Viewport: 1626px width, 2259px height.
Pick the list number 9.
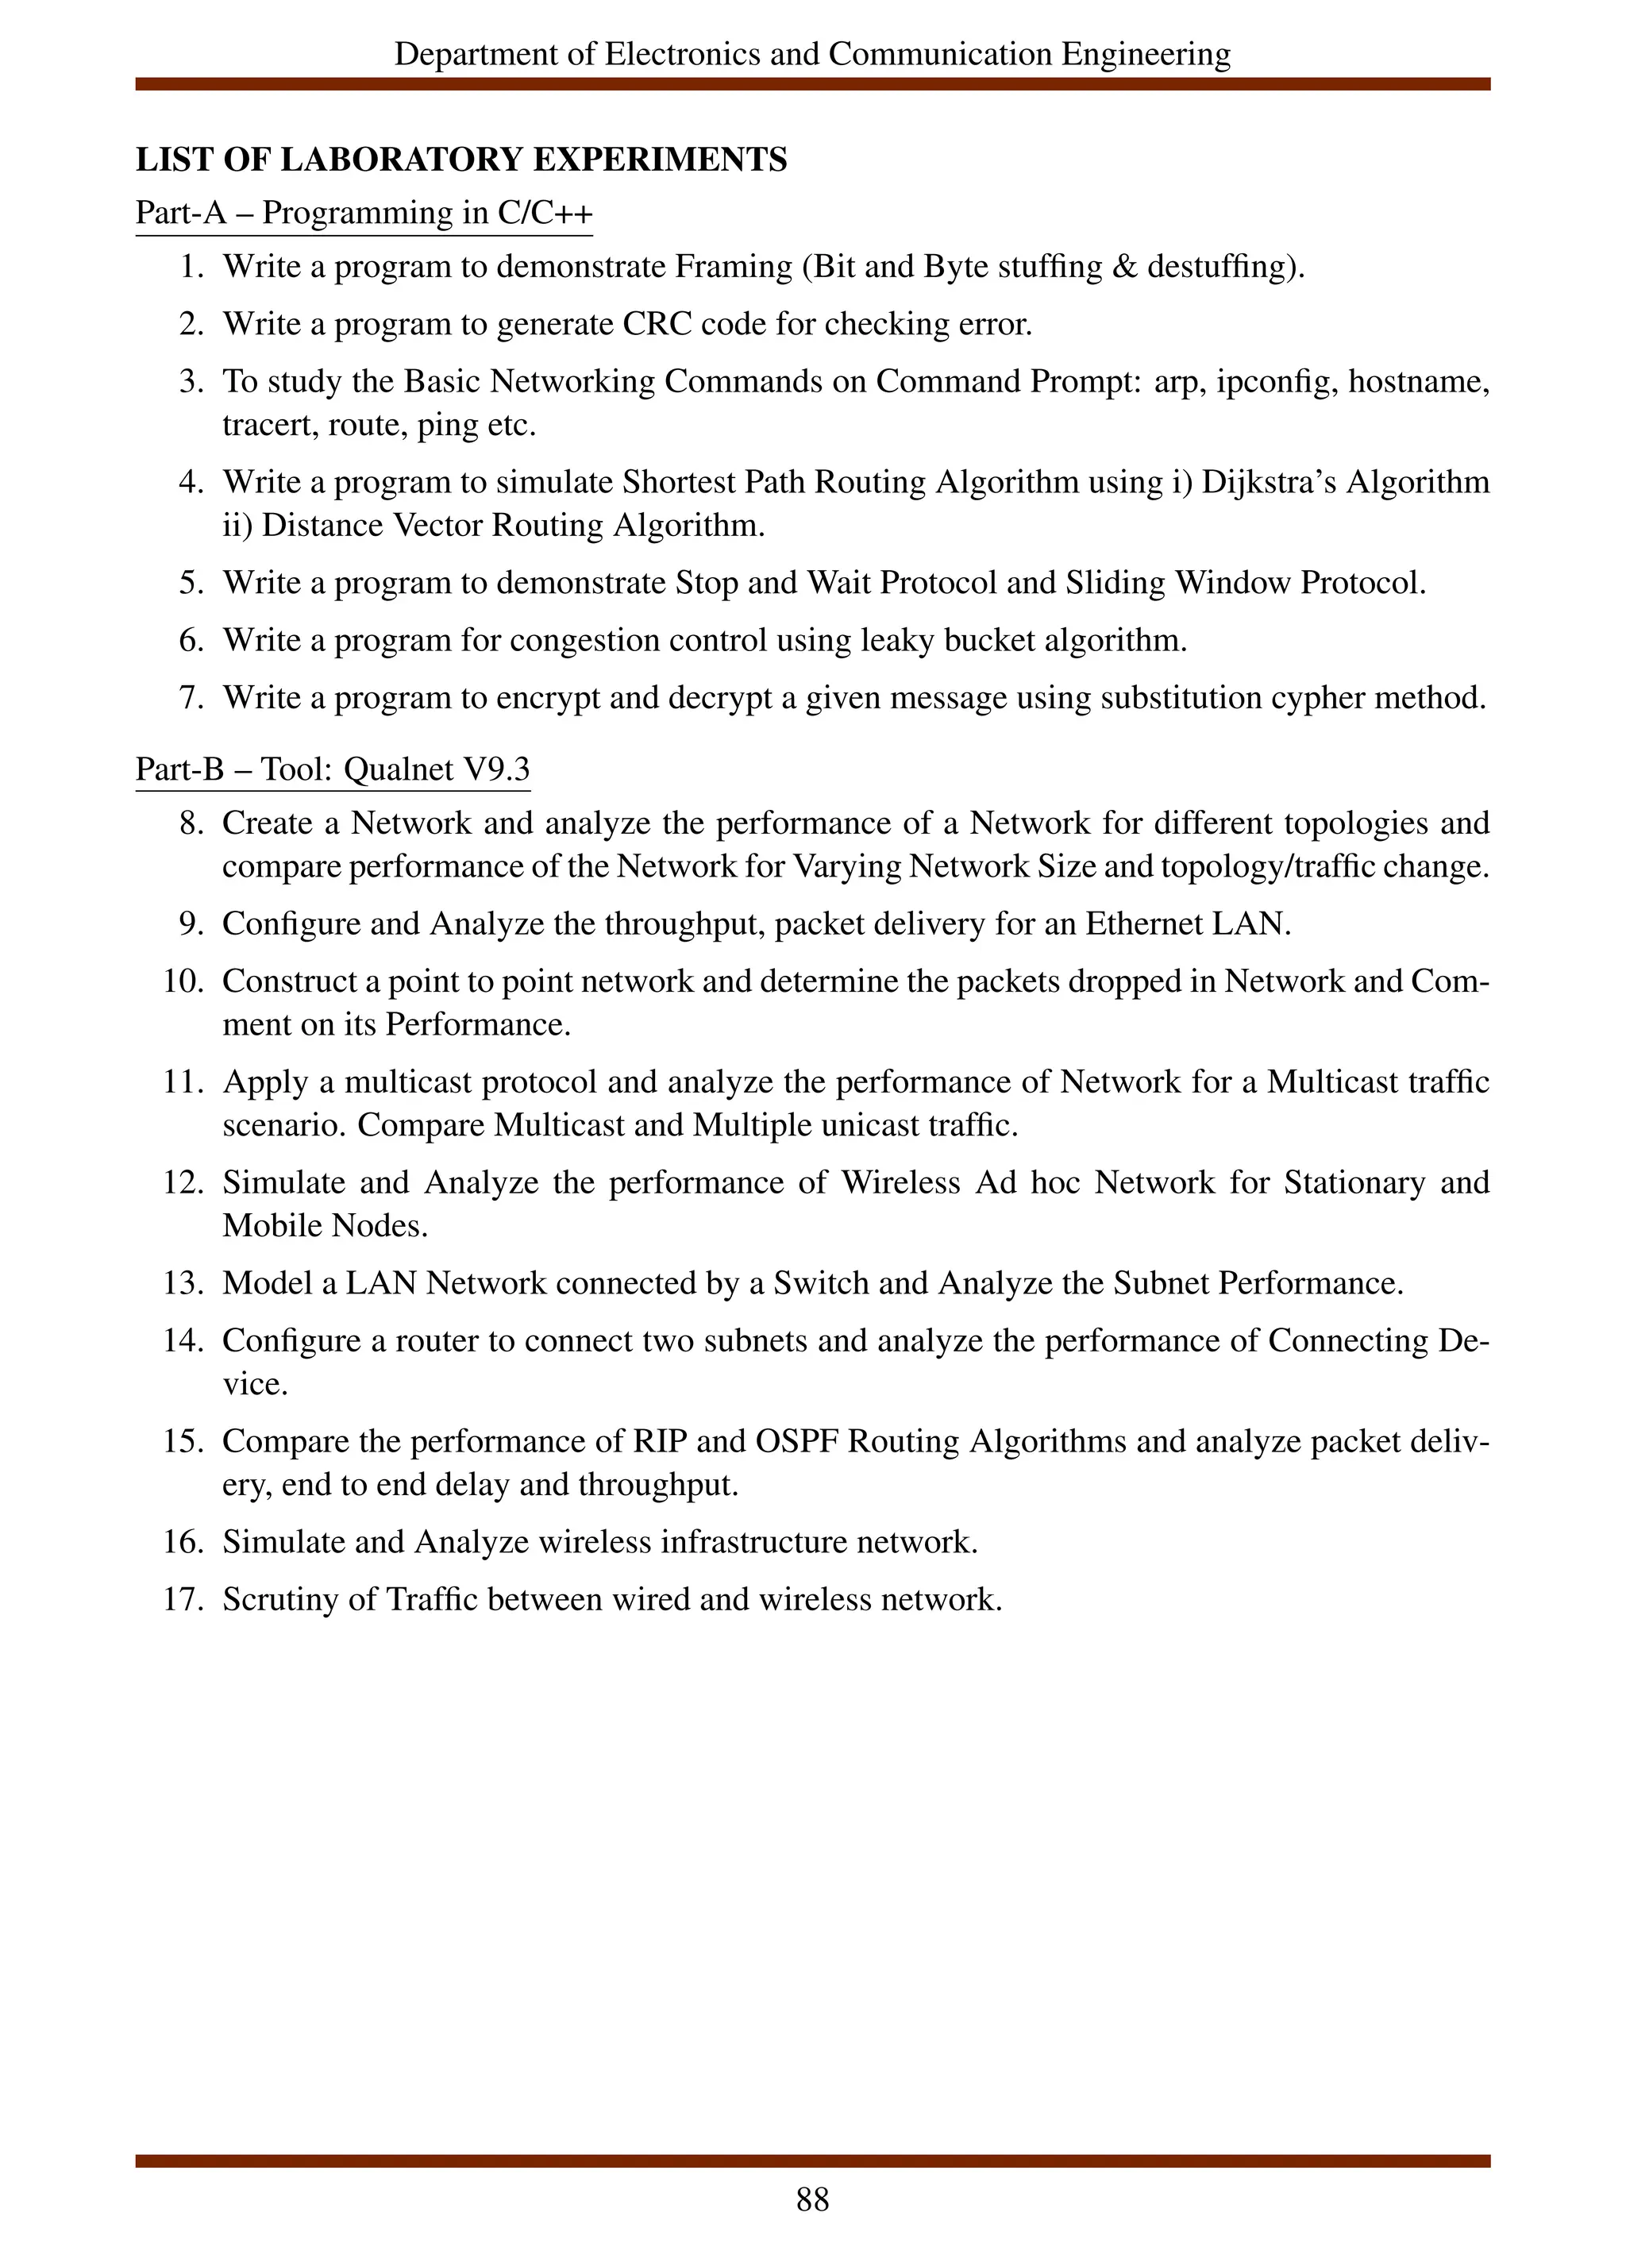tap(191, 924)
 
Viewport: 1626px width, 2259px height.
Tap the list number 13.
tap(183, 1284)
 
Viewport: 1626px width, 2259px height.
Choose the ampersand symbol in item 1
tap(1124, 267)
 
